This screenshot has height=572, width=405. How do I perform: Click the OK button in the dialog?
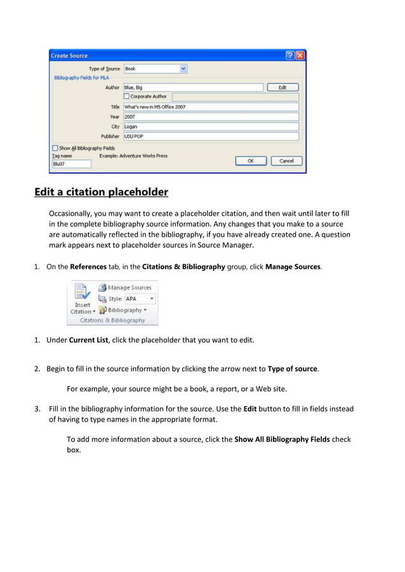click(250, 161)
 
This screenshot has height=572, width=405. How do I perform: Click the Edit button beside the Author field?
click(282, 88)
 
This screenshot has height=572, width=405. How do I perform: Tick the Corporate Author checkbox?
click(126, 97)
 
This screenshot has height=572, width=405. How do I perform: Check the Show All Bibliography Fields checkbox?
click(55, 148)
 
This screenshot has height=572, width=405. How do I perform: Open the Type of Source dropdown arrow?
click(183, 68)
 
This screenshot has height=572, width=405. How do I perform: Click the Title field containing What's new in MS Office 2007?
click(210, 107)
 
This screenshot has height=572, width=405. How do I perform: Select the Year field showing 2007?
click(210, 117)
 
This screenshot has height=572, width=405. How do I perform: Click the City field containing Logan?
click(210, 126)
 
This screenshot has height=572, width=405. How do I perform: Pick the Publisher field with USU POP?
click(210, 136)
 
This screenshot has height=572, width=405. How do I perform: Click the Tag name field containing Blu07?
click(71, 164)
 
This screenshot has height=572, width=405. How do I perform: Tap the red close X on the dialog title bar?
click(300, 56)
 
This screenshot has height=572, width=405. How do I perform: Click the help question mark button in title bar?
click(290, 56)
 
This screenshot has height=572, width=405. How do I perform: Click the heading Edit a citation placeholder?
click(101, 192)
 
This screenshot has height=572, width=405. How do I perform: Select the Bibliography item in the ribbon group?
click(124, 310)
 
